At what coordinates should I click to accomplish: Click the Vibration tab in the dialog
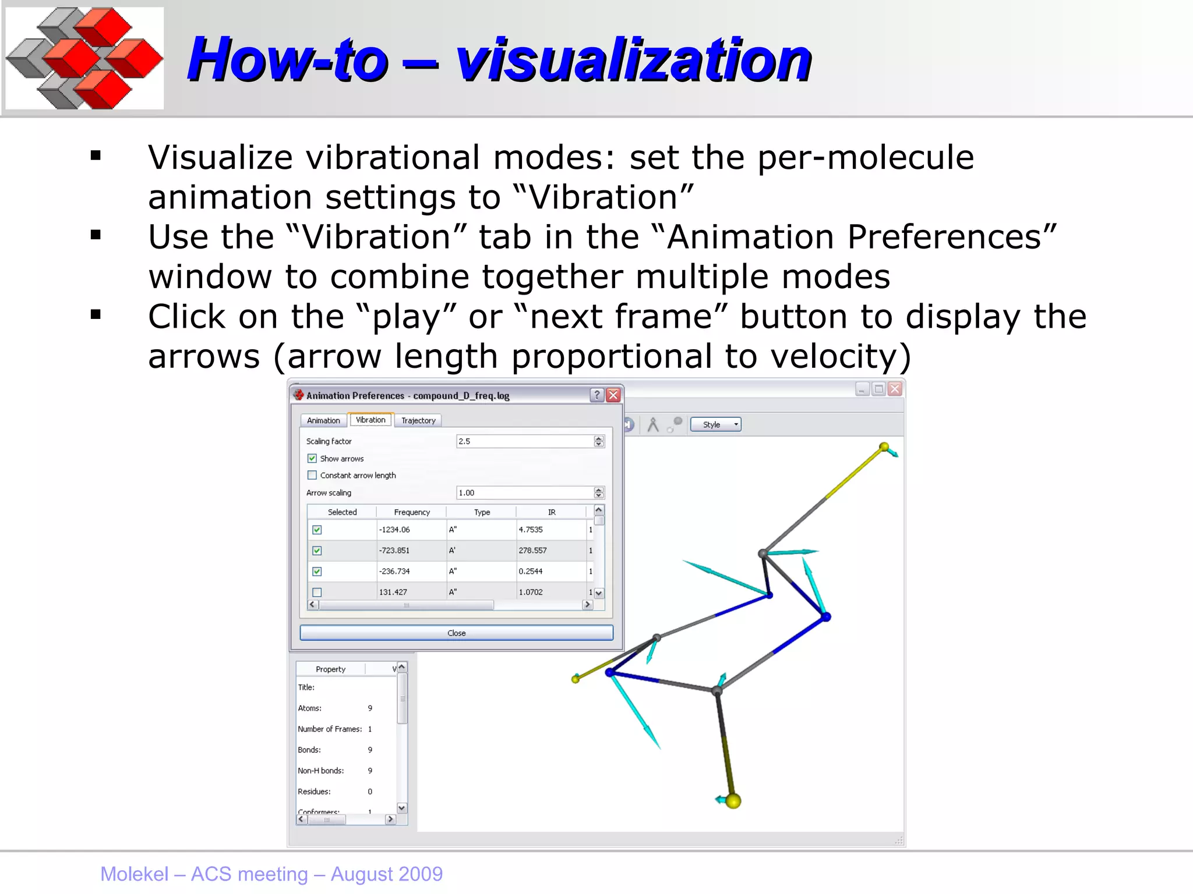tap(370, 420)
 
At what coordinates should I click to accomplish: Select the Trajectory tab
tap(418, 420)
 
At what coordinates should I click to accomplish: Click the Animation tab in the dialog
tap(323, 420)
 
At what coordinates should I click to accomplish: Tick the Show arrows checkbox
tap(312, 459)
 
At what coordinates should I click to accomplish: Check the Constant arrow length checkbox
tap(312, 476)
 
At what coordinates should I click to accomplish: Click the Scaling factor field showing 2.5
tap(524, 441)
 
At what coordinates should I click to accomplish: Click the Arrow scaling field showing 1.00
tap(524, 493)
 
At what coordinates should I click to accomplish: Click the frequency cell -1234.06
tap(395, 530)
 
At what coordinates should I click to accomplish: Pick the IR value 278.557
tap(532, 551)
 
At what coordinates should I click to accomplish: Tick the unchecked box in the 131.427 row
tap(317, 593)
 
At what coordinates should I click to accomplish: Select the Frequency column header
tap(412, 512)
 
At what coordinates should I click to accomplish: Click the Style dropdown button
tap(715, 425)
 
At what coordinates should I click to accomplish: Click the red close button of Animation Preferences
tap(613, 395)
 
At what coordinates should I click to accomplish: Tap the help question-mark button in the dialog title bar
tap(597, 395)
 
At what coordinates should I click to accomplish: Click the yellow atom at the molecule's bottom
tap(733, 801)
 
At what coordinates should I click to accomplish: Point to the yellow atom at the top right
tap(884, 447)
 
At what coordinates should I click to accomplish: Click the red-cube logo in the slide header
tap(85, 58)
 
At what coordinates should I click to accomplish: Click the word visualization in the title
tap(633, 59)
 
